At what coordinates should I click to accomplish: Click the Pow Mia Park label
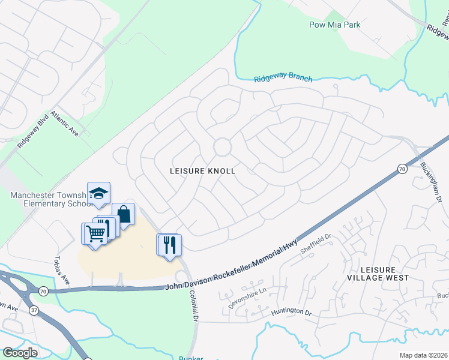335,25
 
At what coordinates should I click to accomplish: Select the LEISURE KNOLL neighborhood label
202,171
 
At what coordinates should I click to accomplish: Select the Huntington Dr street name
291,313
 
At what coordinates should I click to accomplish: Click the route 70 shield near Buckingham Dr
401,170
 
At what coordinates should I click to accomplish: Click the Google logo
20,353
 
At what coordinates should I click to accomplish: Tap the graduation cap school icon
98,193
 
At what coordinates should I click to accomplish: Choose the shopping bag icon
123,214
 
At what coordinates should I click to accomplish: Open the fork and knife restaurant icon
170,244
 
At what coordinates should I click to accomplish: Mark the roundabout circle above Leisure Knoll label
222,146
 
